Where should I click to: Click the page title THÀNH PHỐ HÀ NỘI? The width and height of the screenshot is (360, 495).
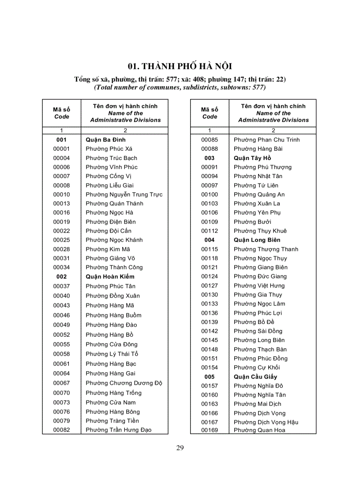coord(180,67)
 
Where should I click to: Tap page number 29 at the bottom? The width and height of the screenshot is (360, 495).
coord(180,448)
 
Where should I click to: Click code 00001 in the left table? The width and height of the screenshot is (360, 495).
coord(61,149)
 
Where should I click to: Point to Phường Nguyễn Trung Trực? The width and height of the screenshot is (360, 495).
coord(124,194)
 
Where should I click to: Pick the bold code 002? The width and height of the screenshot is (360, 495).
coord(61,277)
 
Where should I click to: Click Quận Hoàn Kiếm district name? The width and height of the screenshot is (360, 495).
coord(110,277)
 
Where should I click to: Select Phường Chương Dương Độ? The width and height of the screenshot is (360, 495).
coord(124,383)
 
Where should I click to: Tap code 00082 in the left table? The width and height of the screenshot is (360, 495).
coord(61,430)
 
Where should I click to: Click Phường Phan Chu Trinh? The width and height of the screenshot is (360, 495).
coord(266,140)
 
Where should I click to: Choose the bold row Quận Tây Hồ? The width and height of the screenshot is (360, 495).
coord(252,158)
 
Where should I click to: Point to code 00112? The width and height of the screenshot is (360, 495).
coord(210,231)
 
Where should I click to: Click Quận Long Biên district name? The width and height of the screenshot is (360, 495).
coord(257,240)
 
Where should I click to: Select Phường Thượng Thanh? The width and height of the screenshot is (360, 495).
coord(266,249)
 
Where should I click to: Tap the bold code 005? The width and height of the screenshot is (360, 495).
coord(210,377)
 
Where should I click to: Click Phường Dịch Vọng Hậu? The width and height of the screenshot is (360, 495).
coord(266,422)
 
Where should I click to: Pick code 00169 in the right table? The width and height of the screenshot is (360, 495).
coord(210,430)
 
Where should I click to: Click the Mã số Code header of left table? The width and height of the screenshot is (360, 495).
coord(61,113)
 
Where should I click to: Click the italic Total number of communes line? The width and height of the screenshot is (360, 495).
coord(180,87)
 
